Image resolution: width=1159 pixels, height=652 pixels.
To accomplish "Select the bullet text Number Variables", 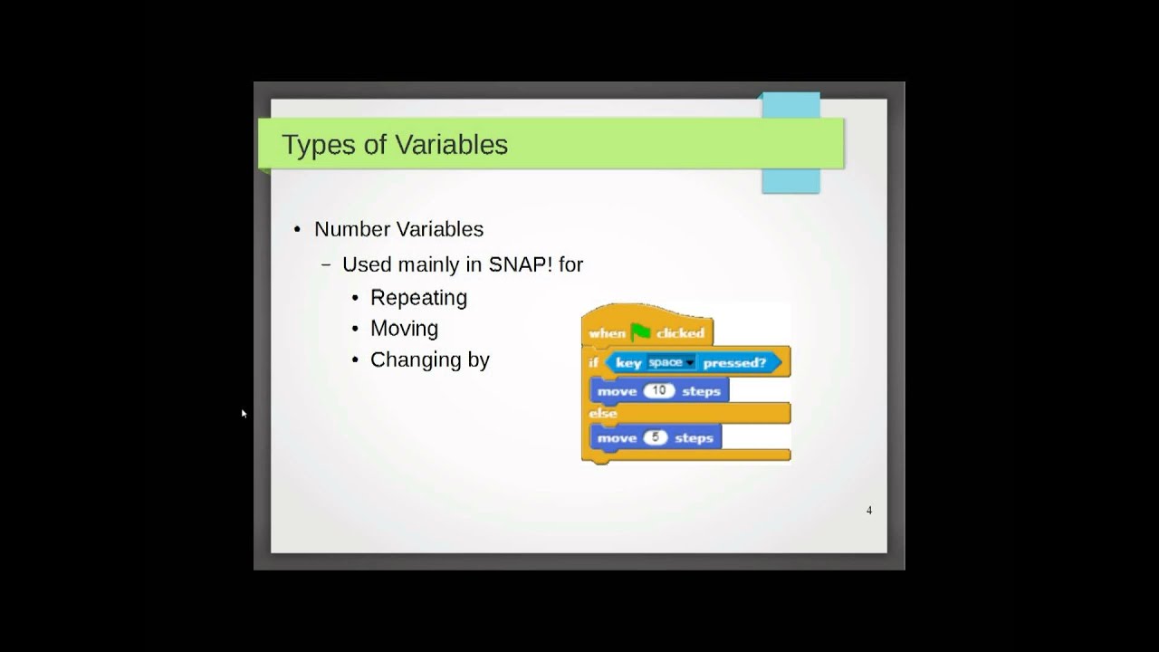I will tap(398, 229).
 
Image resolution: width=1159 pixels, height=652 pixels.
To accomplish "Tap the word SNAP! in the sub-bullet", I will tap(520, 264).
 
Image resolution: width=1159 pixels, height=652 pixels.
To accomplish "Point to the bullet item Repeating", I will tap(418, 298).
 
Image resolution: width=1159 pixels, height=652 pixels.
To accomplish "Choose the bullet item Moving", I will tap(404, 329).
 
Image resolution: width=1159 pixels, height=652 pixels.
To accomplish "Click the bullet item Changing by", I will tap(429, 360).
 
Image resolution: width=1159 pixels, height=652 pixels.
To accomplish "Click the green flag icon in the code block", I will tap(641, 332).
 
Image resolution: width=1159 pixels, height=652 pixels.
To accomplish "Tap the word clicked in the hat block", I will tap(680, 333).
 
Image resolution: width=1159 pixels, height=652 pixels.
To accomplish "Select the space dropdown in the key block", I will tap(670, 362).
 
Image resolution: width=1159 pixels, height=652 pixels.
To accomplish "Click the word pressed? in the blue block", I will tap(734, 362).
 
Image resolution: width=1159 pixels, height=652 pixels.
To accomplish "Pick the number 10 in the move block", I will tap(659, 390).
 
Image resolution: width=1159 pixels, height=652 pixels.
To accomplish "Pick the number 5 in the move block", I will tap(656, 437).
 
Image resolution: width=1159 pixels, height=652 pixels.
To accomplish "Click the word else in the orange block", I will tap(602, 413).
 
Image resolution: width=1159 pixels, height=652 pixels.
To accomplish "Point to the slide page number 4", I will tap(869, 511).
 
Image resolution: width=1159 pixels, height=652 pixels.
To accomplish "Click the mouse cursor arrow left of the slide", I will tap(244, 413).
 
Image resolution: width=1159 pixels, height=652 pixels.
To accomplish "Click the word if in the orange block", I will tap(593, 362).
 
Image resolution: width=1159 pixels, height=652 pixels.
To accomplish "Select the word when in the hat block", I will tap(607, 333).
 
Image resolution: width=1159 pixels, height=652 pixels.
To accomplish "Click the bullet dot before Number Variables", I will tap(297, 229).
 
